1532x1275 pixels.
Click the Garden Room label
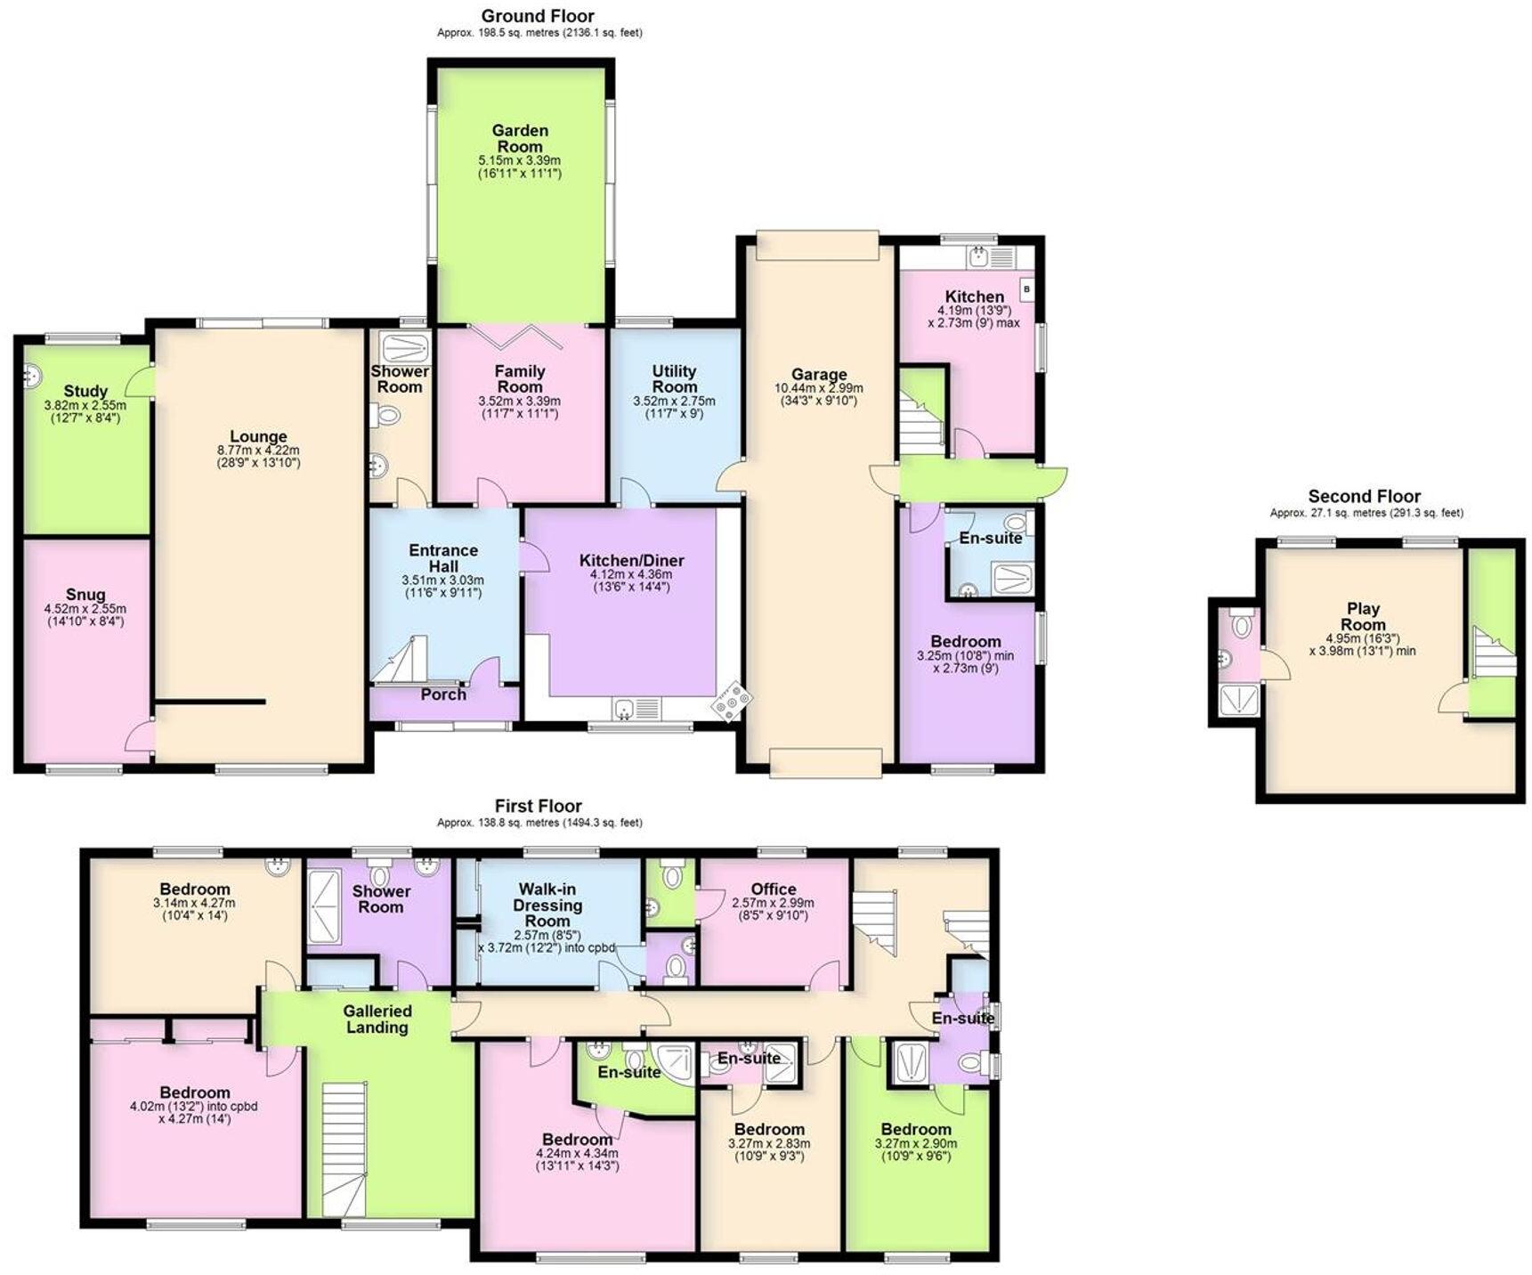click(x=520, y=138)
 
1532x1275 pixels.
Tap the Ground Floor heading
click(x=538, y=16)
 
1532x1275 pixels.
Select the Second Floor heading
click(x=1364, y=497)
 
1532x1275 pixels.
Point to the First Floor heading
click(x=538, y=806)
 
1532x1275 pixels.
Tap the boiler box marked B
click(x=1026, y=289)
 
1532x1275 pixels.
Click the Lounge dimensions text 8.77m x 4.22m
click(x=258, y=451)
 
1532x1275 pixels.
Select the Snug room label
click(x=85, y=595)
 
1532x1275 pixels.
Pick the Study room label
click(x=85, y=391)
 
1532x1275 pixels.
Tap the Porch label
click(x=443, y=694)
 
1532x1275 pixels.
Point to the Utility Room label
click(x=674, y=378)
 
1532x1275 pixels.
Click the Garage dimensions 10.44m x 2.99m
click(x=818, y=388)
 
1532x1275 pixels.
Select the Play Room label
click(x=1363, y=616)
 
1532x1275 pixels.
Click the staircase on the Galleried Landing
click(x=344, y=1149)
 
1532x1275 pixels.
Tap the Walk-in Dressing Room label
click(x=547, y=905)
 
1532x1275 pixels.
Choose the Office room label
click(x=773, y=889)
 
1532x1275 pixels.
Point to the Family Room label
click(x=520, y=378)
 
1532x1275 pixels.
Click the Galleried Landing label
click(x=377, y=1019)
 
